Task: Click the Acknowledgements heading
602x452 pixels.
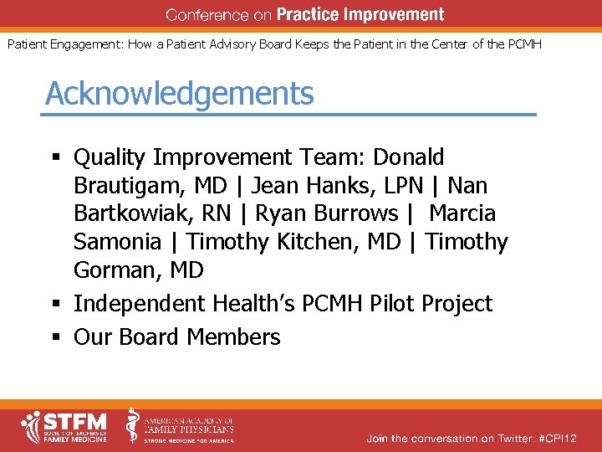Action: coord(180,94)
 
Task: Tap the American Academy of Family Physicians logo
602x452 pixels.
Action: coord(181,427)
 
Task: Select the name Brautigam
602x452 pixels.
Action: coord(130,185)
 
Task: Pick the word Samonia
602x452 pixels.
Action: coord(118,242)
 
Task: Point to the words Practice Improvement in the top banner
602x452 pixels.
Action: coord(360,15)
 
